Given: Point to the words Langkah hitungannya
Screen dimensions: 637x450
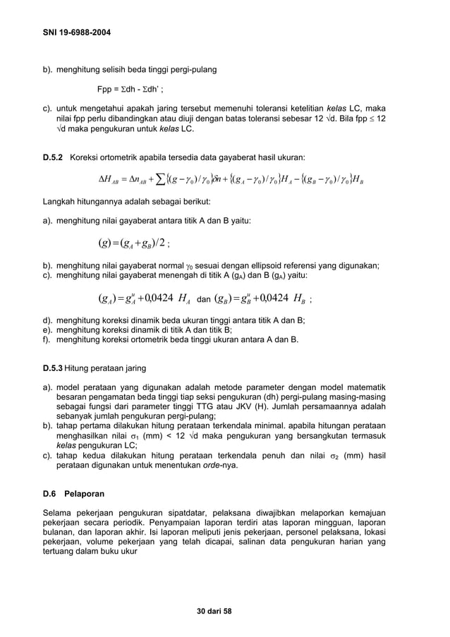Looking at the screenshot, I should tap(75, 201).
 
